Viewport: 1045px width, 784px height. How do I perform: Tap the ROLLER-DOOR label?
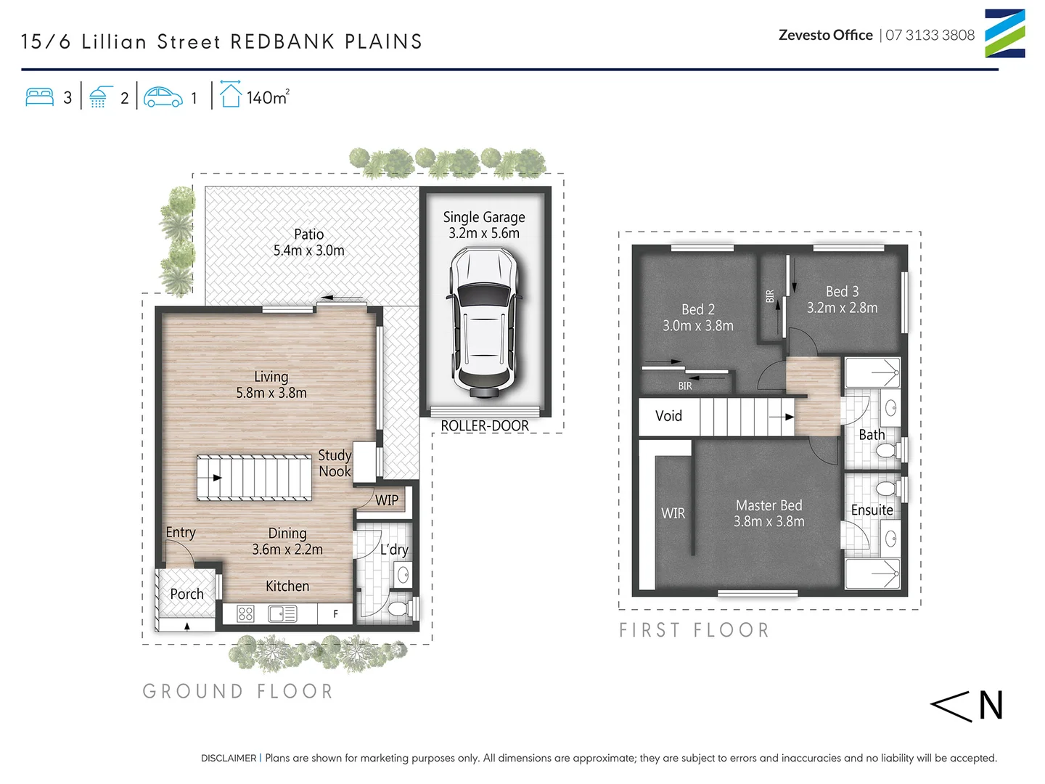coord(485,426)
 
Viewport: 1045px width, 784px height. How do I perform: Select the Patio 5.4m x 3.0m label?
coord(309,242)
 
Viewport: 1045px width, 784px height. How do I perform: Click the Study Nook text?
coord(335,463)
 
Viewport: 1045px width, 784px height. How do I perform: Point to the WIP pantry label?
coord(387,500)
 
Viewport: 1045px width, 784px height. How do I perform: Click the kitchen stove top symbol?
coord(246,614)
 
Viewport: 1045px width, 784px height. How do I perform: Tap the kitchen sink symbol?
coord(282,614)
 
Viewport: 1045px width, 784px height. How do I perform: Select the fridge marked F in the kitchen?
coord(335,614)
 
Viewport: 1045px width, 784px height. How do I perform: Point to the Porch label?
coord(187,594)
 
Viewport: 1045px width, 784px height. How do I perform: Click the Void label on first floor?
coord(668,416)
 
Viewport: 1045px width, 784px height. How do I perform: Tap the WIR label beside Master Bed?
coord(673,513)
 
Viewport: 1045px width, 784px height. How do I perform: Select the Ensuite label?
coord(872,510)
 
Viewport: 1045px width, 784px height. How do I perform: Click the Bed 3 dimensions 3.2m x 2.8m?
coord(842,308)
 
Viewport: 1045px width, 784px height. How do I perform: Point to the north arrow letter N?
coord(991,706)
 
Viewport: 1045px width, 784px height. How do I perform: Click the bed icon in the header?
coord(40,97)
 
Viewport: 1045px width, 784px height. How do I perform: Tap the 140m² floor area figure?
coord(267,97)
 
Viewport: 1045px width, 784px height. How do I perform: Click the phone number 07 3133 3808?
coord(930,35)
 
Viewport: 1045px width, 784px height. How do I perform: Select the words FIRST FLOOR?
coord(694,630)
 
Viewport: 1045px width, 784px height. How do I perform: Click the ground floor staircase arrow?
coord(216,478)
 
